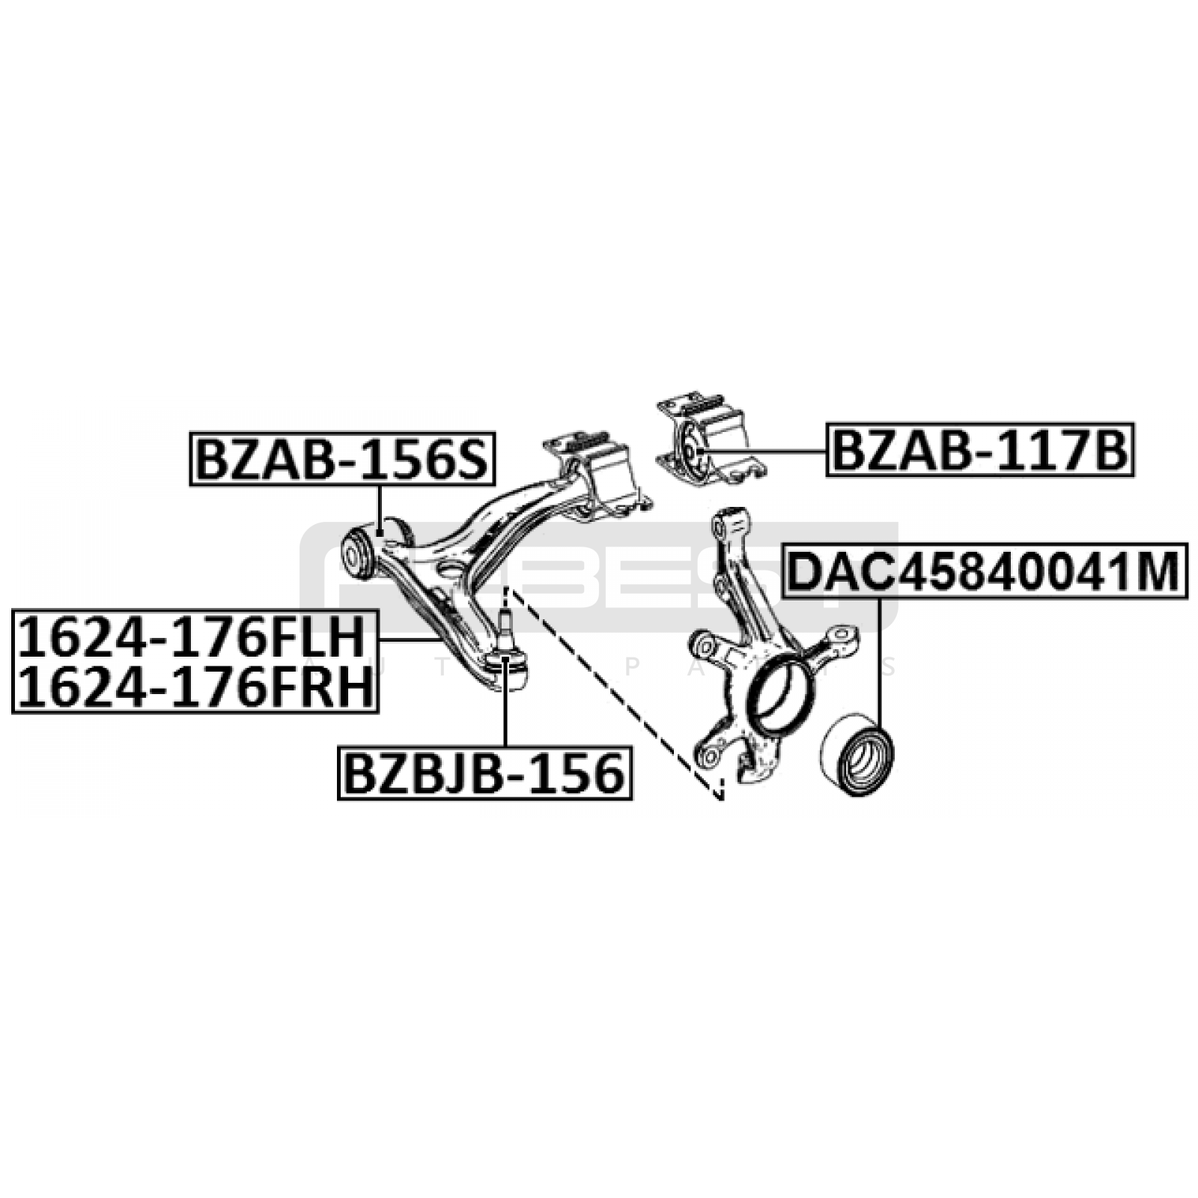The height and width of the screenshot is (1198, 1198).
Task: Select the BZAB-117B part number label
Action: (980, 450)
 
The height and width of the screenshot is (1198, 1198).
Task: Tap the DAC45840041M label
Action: (985, 571)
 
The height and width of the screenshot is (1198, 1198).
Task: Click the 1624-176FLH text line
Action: (194, 637)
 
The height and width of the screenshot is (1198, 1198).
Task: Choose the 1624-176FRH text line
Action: (194, 687)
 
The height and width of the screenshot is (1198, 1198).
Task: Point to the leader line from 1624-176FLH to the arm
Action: (408, 640)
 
